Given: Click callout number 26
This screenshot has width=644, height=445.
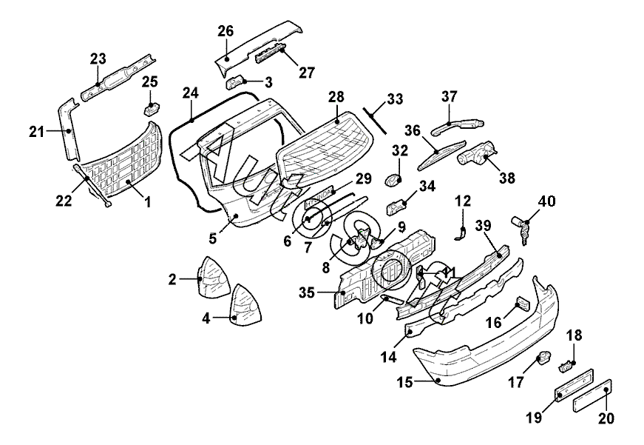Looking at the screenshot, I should point(226,31).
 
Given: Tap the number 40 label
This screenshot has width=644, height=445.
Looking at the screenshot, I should point(547,201).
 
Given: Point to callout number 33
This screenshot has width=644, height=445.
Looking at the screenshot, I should point(395,98).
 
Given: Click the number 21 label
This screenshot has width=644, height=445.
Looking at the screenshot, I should point(37,132).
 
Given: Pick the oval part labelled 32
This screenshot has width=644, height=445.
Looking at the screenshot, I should point(395,179).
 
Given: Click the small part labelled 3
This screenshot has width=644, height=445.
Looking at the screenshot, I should point(236,80).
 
